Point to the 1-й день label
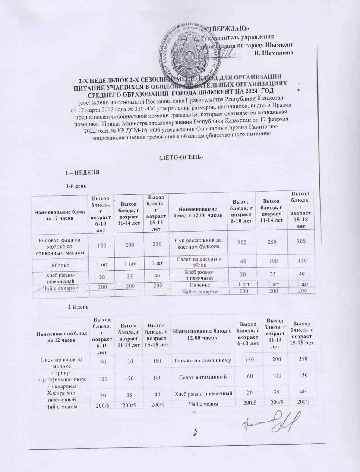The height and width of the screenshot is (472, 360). point(75,186)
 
